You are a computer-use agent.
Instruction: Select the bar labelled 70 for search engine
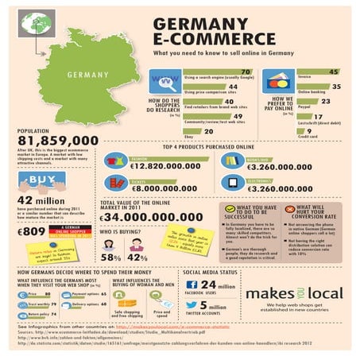pyautogui.click(x=219, y=72)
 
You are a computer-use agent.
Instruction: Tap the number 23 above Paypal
pyautogui.click(x=324, y=102)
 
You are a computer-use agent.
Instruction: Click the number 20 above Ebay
pyautogui.click(x=207, y=130)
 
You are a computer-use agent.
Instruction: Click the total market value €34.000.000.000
pyautogui.click(x=163, y=216)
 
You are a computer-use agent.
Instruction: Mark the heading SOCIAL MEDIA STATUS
pyautogui.click(x=211, y=271)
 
